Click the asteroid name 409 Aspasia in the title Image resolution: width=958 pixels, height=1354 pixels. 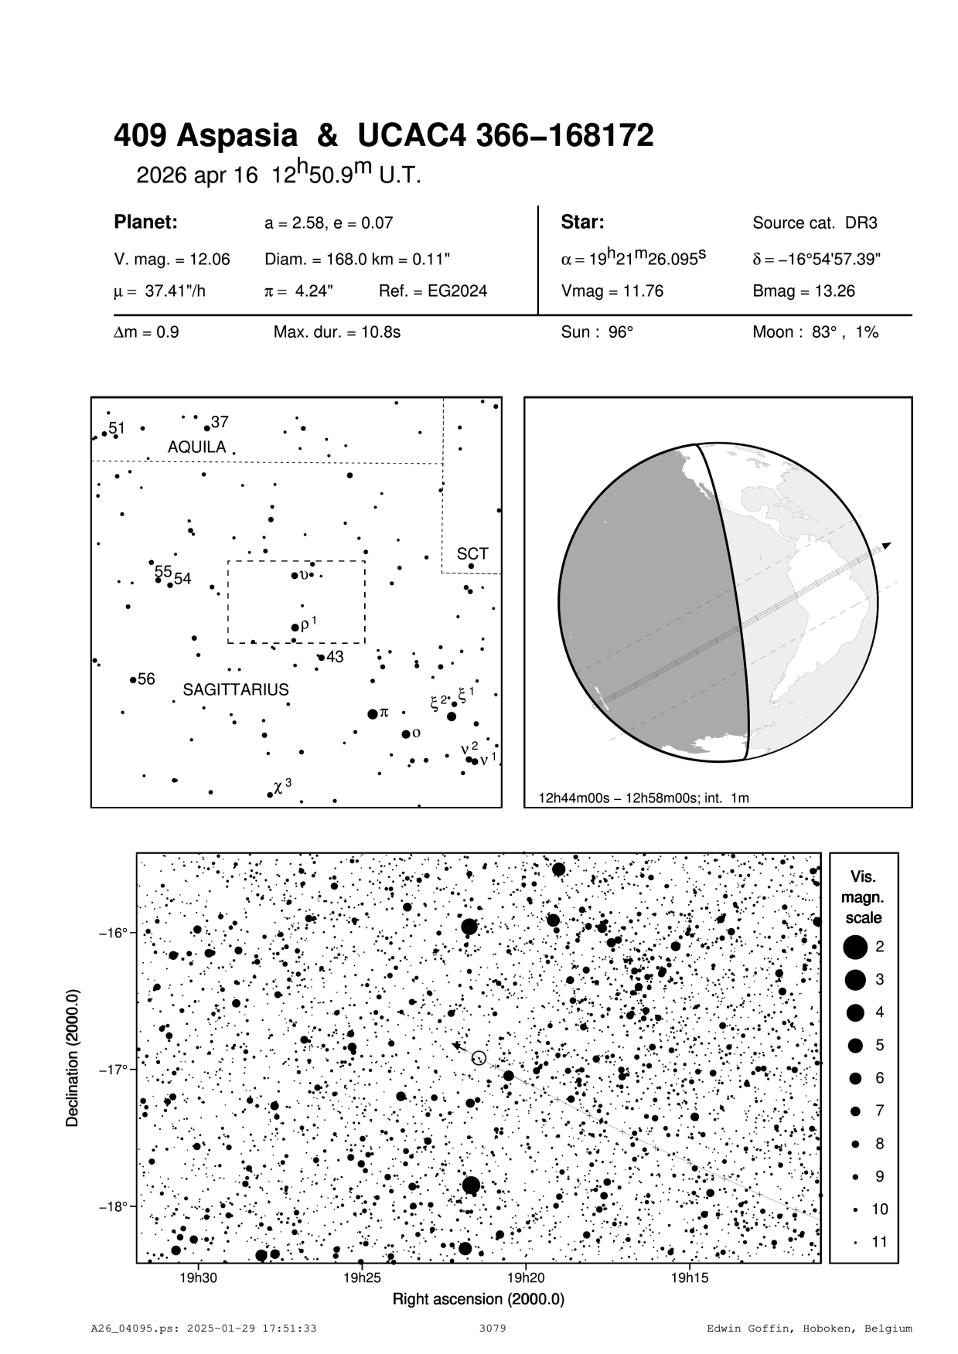coord(206,137)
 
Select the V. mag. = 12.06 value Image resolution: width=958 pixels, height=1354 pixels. coord(172,260)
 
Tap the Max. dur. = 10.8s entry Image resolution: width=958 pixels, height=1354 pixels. coord(336,333)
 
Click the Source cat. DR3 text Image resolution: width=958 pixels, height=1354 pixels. coord(815,223)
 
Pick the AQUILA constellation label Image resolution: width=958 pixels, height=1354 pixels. coord(197,447)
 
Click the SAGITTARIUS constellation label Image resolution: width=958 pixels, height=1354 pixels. coord(236,690)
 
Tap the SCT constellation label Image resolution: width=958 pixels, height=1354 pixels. coord(472,554)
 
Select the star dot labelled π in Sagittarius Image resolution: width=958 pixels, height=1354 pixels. coord(373,713)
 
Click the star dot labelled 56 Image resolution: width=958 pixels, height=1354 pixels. coord(133,680)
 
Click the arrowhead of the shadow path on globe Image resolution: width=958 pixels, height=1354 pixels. coord(887,546)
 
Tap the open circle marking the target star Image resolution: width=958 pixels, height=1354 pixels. coord(479,1058)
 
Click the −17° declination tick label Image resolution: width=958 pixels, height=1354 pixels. coord(113,1070)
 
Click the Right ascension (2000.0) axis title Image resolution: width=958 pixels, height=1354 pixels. coord(479,1299)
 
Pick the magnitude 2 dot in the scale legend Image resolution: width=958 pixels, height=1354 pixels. coord(855,947)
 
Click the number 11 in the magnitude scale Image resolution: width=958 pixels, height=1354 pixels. coord(880,1243)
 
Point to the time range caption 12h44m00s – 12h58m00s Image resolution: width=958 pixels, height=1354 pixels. coord(643,798)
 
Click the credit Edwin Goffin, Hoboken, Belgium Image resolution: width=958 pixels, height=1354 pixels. coord(810,1329)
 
